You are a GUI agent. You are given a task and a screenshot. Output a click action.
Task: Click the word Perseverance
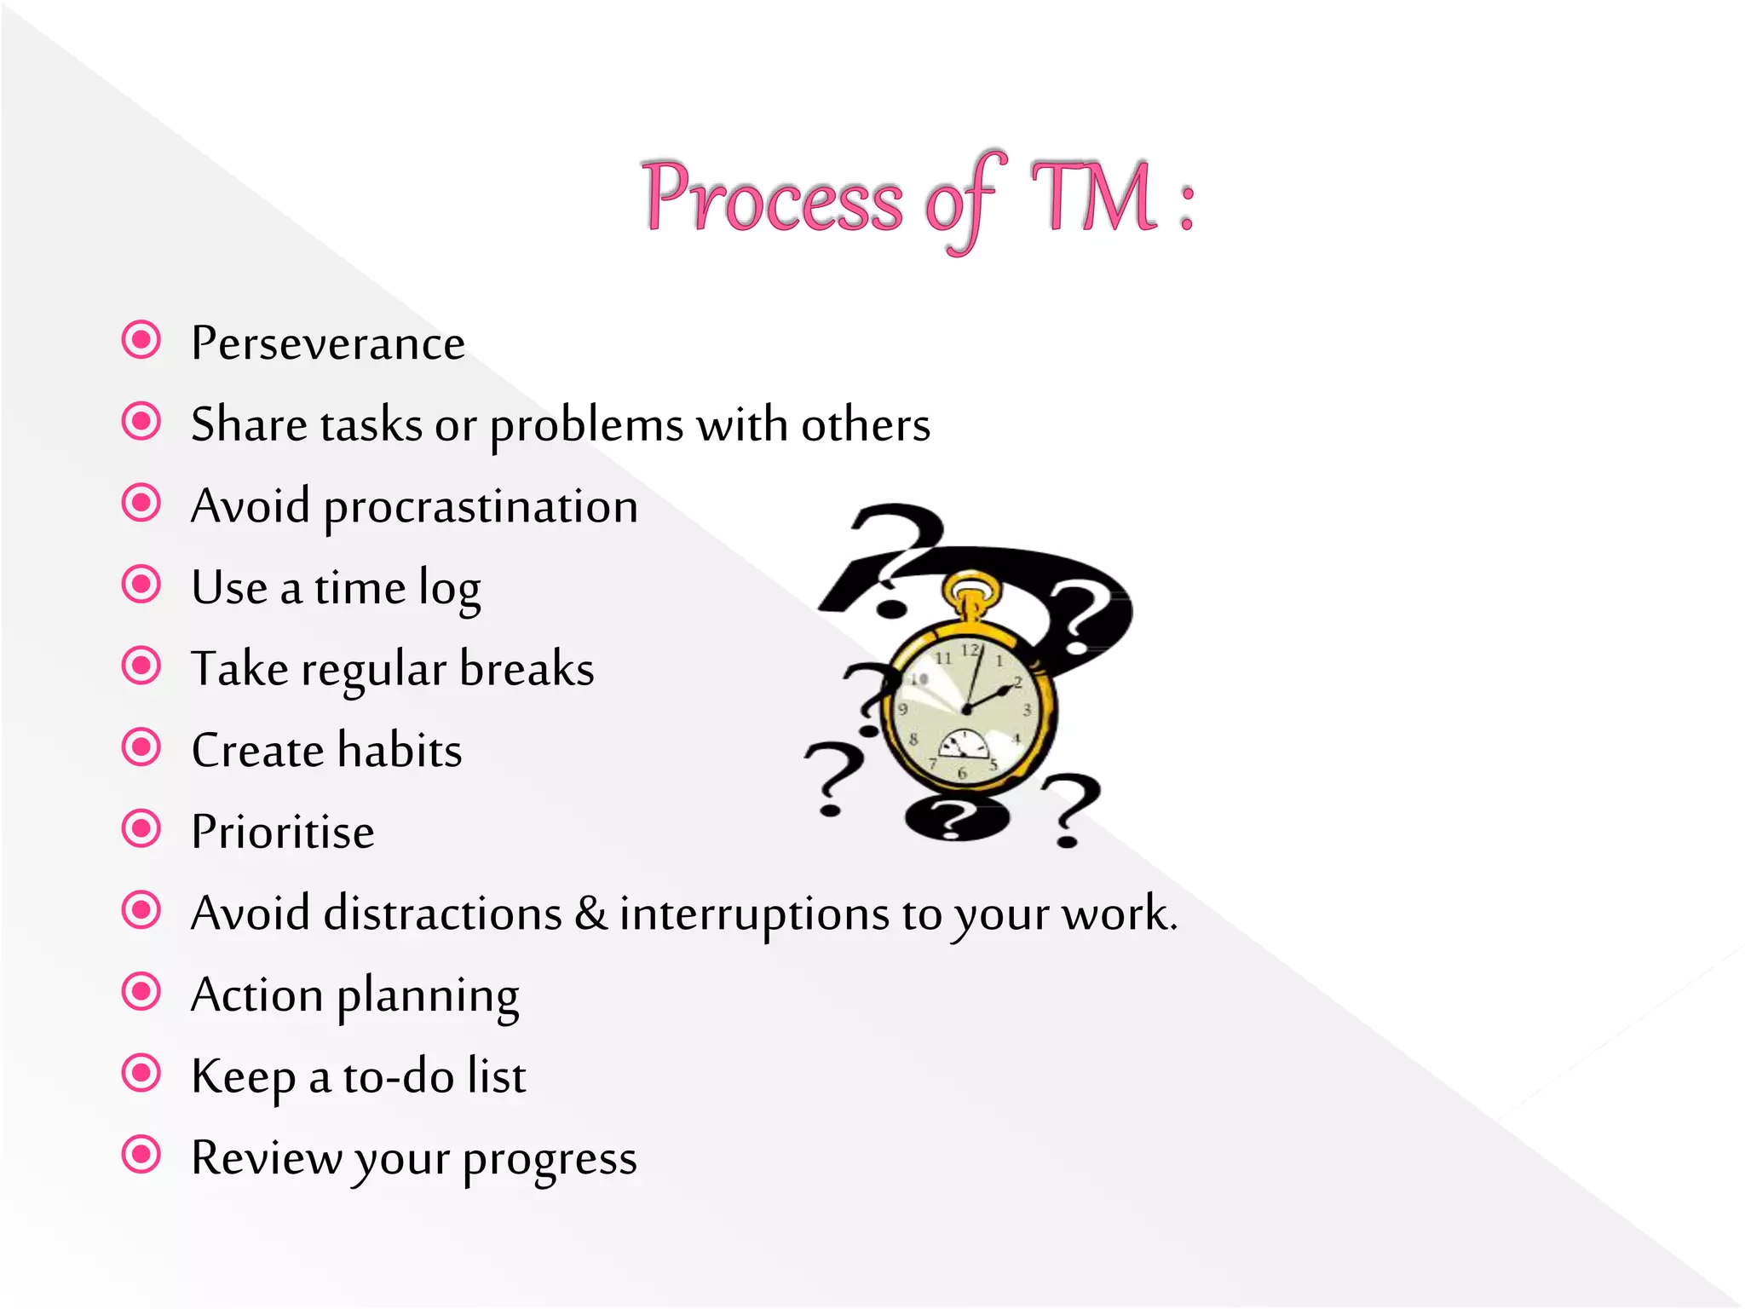click(328, 343)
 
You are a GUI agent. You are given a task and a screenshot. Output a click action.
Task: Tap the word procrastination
click(481, 507)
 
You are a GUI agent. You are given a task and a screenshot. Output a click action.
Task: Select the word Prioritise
click(283, 832)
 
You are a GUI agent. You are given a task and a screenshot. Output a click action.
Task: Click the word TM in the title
click(1094, 198)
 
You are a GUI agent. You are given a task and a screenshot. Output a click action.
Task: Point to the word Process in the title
click(772, 198)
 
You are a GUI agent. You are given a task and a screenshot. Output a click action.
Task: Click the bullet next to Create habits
click(141, 747)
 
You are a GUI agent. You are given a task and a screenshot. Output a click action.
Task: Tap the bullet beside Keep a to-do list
click(141, 1073)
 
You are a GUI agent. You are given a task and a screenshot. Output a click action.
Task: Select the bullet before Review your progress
click(141, 1155)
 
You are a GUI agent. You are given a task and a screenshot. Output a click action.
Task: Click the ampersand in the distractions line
click(590, 913)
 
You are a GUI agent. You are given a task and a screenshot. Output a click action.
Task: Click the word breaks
click(527, 668)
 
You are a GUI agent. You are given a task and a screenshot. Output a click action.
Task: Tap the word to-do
click(398, 1076)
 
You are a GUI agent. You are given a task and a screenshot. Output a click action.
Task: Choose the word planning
click(428, 996)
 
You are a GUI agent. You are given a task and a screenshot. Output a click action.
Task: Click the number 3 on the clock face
click(1027, 709)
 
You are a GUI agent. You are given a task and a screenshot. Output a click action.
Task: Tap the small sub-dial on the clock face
click(964, 745)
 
